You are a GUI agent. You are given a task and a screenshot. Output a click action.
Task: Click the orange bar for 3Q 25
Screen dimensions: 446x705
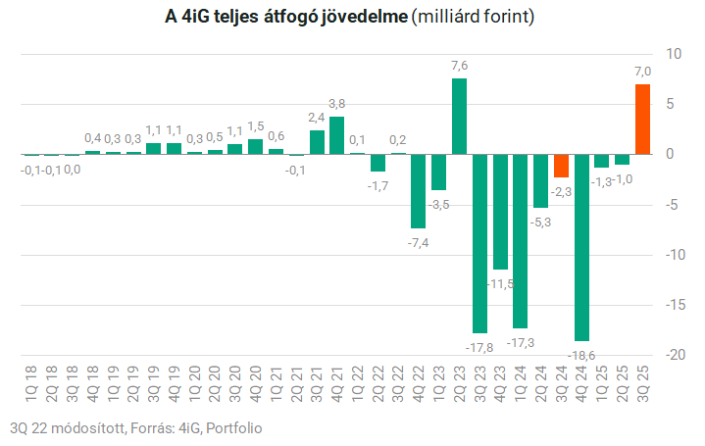pos(642,119)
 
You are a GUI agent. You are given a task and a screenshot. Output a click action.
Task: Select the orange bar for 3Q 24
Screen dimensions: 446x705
pos(561,166)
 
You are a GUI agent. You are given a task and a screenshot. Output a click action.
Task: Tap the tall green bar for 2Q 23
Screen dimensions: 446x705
pos(459,116)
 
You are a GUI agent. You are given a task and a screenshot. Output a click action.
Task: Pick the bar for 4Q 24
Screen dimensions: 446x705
pos(581,247)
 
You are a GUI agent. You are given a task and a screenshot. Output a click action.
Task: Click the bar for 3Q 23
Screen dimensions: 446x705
pos(479,243)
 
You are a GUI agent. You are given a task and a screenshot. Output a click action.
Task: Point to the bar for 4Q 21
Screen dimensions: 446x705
pos(336,135)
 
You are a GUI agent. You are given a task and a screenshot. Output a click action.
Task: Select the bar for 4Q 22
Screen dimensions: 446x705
pos(419,191)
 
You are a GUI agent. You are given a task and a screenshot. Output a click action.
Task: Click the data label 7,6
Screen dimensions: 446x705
pos(459,66)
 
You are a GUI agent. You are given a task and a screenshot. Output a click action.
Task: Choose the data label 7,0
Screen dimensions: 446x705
pos(643,72)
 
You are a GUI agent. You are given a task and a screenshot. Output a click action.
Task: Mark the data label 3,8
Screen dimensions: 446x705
pos(337,104)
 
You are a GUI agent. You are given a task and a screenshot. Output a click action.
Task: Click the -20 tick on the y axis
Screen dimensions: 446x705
pos(673,355)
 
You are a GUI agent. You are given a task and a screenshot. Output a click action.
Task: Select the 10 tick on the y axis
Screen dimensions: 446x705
pos(673,53)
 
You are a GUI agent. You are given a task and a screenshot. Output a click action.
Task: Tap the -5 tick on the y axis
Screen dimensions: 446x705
pos(673,205)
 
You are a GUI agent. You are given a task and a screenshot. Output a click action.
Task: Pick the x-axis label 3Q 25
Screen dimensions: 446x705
pos(643,382)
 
